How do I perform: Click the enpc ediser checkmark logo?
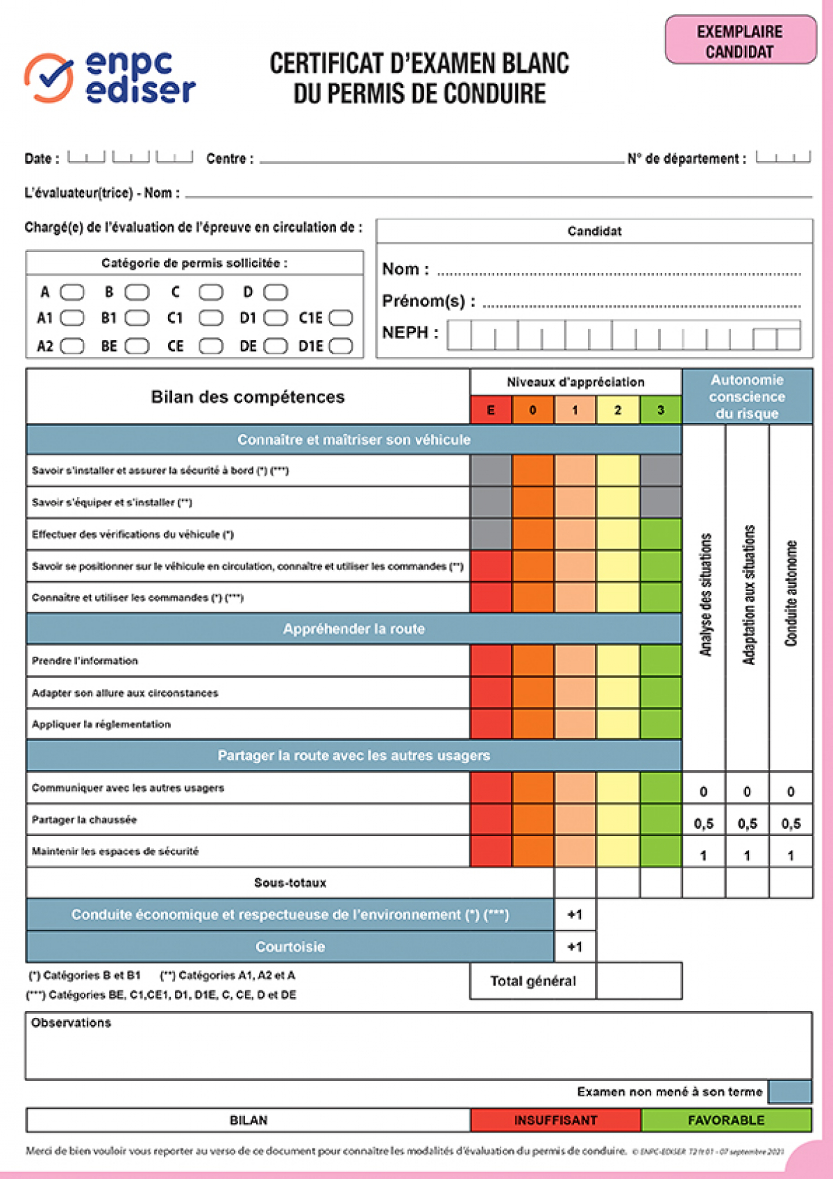[49, 78]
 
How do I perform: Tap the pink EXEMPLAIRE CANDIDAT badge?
[740, 41]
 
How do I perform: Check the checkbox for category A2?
[72, 346]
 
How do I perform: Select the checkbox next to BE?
[137, 346]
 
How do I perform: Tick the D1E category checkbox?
[341, 346]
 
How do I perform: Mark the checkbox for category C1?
[211, 318]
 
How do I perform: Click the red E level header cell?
[491, 410]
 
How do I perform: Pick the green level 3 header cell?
[660, 410]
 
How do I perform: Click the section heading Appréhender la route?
[354, 629]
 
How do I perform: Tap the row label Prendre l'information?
[85, 661]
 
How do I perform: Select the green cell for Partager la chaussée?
[660, 819]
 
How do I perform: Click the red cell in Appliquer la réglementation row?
[491, 724]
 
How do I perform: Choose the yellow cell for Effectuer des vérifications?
[618, 534]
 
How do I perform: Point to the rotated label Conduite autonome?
[791, 594]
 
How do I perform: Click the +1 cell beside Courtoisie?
[575, 946]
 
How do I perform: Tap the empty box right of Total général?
[639, 980]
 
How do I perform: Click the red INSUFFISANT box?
[555, 1120]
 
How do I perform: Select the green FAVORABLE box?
[726, 1120]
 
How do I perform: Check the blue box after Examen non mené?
[790, 1091]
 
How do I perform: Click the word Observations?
[71, 1023]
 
